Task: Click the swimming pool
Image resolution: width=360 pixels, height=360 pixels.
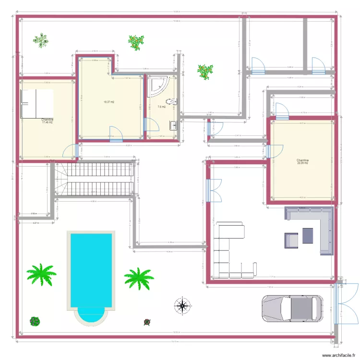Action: pyautogui.click(x=92, y=274)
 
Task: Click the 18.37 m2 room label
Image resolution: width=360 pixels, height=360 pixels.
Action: pyautogui.click(x=109, y=102)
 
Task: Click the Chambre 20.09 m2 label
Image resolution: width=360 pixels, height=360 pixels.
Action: pyautogui.click(x=302, y=162)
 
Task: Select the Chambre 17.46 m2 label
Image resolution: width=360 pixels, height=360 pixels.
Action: pyautogui.click(x=47, y=121)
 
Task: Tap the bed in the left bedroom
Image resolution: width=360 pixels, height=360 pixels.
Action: pyautogui.click(x=36, y=103)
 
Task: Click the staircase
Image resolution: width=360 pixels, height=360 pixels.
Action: pyautogui.click(x=94, y=179)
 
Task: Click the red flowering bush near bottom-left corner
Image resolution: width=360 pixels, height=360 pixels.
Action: pyautogui.click(x=35, y=321)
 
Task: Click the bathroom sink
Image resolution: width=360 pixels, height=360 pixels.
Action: pyautogui.click(x=173, y=125)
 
